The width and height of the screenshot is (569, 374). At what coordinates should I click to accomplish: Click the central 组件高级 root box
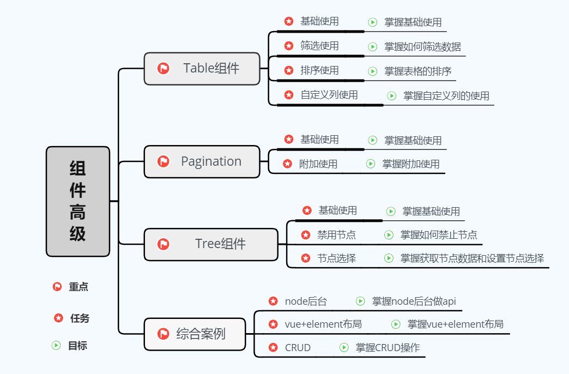pyautogui.click(x=77, y=201)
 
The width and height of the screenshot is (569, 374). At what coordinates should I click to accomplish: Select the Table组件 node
pyautogui.click(x=202, y=69)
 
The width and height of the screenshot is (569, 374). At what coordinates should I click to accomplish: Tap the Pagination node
pyautogui.click(x=202, y=161)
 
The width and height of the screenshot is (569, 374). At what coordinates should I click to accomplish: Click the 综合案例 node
pyautogui.click(x=195, y=334)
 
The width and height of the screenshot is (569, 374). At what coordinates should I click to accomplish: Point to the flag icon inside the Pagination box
pyautogui.click(x=163, y=161)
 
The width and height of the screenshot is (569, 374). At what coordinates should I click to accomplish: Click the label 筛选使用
pyautogui.click(x=319, y=46)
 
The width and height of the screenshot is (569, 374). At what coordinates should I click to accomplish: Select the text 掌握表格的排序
pyautogui.click(x=418, y=71)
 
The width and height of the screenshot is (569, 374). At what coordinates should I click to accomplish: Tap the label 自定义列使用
pyautogui.click(x=329, y=95)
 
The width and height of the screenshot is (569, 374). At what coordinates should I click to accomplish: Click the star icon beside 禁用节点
pyautogui.click(x=306, y=235)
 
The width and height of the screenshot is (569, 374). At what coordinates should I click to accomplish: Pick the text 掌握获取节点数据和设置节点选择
pyautogui.click(x=472, y=258)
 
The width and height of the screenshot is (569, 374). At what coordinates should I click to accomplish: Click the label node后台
pyautogui.click(x=306, y=301)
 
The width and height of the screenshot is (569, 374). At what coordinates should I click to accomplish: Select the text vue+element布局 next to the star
pyautogui.click(x=323, y=324)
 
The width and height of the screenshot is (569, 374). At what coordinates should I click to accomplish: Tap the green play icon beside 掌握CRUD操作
pyautogui.click(x=344, y=347)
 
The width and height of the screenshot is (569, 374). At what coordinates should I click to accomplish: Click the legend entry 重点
pyautogui.click(x=78, y=287)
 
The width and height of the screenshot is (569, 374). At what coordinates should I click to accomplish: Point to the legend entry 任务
pyautogui.click(x=80, y=318)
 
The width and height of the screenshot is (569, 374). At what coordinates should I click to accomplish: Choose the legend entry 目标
pyautogui.click(x=77, y=346)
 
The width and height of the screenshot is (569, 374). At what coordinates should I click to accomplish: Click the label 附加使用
pyautogui.click(x=318, y=164)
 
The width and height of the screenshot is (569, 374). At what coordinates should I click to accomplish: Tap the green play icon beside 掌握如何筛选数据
pyautogui.click(x=373, y=46)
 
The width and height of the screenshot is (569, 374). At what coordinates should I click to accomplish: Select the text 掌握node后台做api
pyautogui.click(x=414, y=301)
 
